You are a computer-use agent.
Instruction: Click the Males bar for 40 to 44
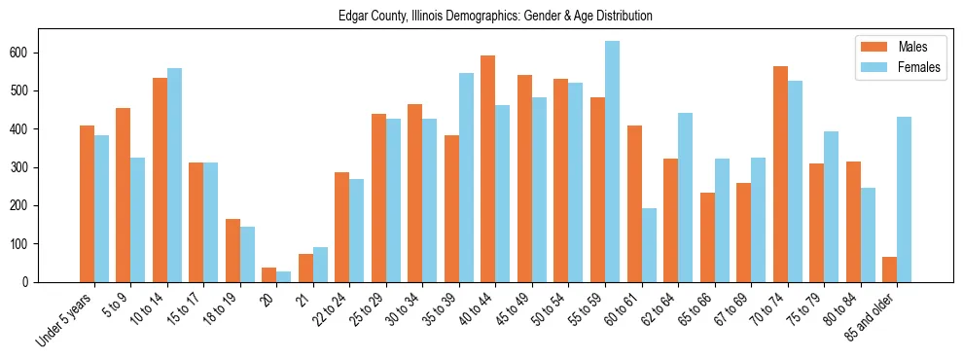(488, 168)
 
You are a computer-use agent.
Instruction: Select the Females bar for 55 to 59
(612, 162)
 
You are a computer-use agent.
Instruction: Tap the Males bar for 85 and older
(889, 270)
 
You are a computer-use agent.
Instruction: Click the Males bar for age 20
(269, 274)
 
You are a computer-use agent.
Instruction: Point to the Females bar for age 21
(320, 265)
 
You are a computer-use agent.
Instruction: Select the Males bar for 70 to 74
(780, 174)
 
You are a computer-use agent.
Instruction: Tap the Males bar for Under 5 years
(87, 203)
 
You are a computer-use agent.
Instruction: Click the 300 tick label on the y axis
(24, 167)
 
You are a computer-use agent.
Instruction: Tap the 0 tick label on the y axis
(30, 282)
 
